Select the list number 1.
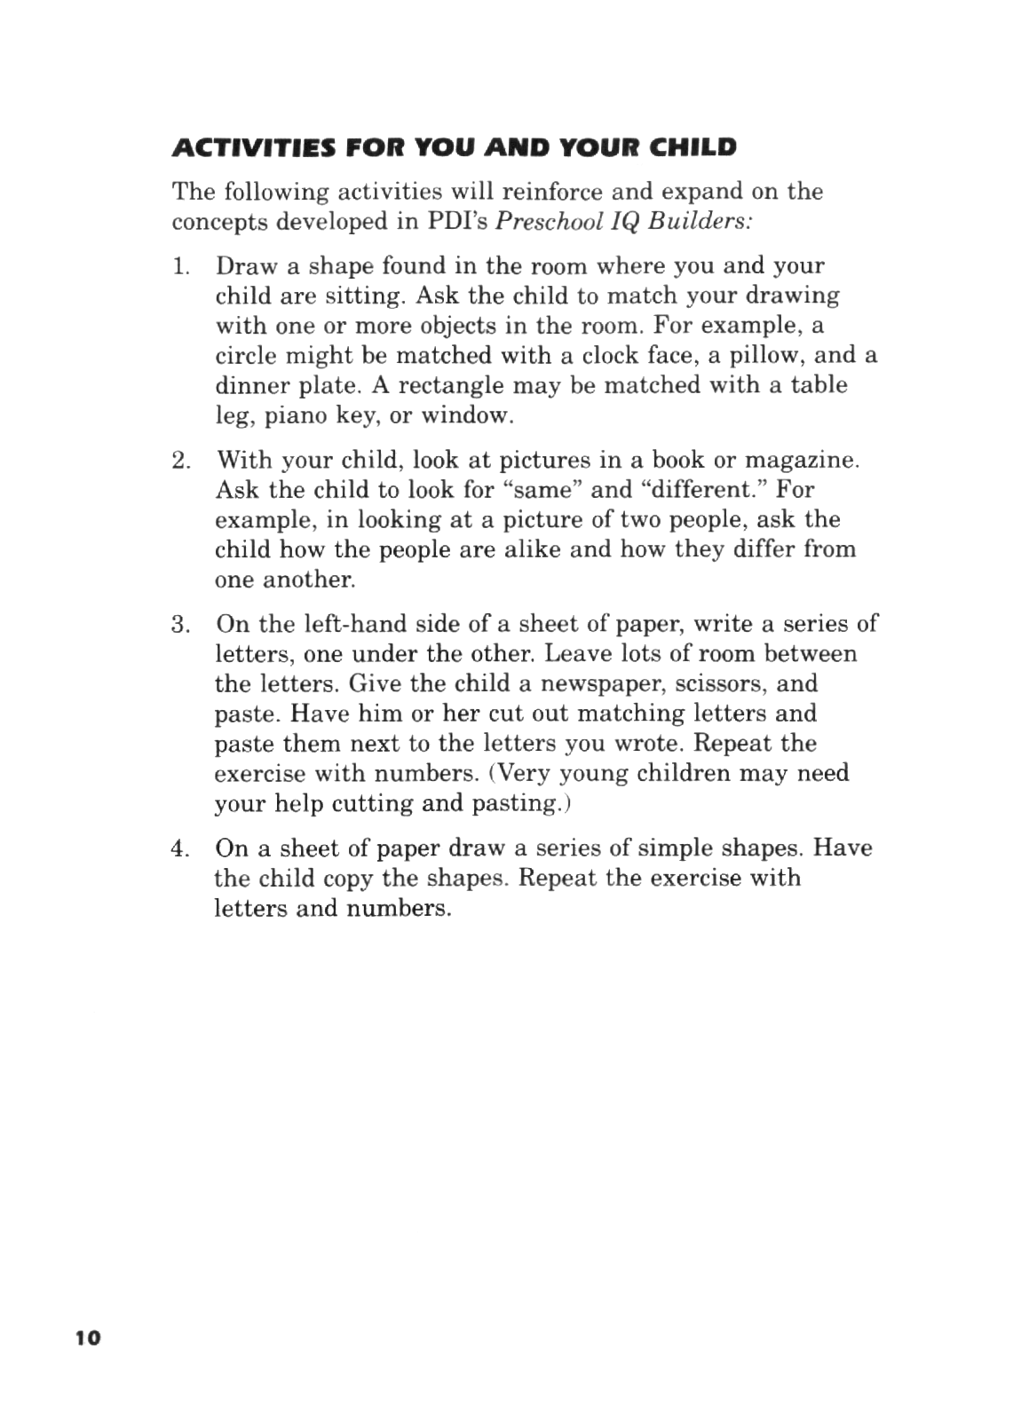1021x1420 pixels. tap(180, 266)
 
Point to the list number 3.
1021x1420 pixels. tap(181, 624)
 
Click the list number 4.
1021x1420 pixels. tap(181, 848)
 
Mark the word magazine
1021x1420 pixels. tap(803, 461)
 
